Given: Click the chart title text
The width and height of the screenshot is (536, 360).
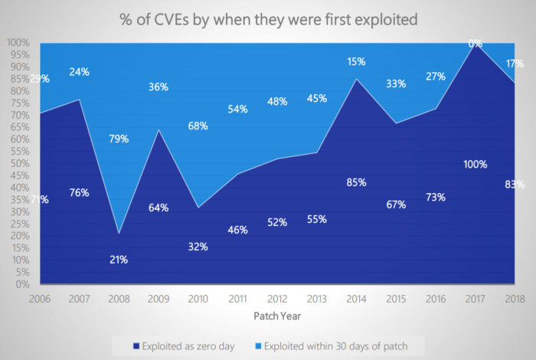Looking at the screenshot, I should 268,19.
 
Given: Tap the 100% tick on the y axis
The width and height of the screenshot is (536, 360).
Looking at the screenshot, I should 15,43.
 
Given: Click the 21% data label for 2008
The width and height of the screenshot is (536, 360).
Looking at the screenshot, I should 118,260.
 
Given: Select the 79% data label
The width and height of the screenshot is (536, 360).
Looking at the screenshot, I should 118,139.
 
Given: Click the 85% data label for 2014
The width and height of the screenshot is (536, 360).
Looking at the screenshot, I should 356,182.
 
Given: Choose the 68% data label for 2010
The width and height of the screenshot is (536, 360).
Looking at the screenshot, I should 198,126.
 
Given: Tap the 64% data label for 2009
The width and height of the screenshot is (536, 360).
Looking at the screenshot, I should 158,208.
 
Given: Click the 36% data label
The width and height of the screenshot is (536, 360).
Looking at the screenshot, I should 158,87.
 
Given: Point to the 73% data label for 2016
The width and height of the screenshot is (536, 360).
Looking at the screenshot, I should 436,197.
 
